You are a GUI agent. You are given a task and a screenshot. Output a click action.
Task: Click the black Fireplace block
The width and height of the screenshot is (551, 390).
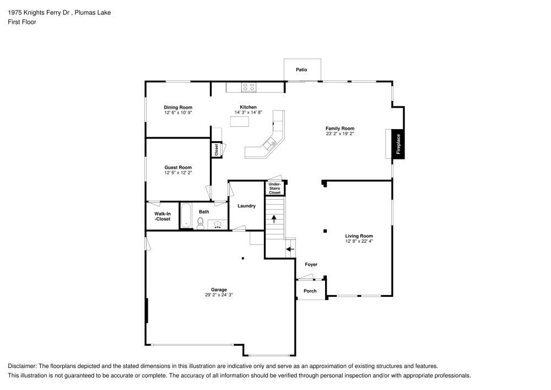pos(398,145)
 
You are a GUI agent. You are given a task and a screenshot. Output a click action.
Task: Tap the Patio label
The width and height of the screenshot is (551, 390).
pos(301,70)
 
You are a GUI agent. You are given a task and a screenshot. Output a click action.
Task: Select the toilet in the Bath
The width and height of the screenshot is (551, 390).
pos(201,223)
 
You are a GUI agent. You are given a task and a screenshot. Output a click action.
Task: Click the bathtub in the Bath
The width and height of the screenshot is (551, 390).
pos(186,215)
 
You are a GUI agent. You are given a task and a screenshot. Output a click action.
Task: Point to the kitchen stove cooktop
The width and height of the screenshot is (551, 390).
pos(248,87)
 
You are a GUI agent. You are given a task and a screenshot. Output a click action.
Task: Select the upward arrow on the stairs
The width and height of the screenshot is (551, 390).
pos(274,218)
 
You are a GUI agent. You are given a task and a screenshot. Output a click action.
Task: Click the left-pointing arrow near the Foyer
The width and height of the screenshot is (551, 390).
pos(290,249)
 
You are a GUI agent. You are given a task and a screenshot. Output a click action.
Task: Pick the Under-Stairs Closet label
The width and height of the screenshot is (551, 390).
pos(274,188)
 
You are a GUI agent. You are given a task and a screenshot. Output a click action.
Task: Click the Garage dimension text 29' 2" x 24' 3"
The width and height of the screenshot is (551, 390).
pos(219,295)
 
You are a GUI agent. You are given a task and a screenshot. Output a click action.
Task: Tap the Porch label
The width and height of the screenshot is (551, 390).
pos(310,291)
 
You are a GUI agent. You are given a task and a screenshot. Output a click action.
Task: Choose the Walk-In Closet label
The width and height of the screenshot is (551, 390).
pos(162,216)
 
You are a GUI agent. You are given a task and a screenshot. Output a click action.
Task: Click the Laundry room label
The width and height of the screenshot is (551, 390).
pos(246,206)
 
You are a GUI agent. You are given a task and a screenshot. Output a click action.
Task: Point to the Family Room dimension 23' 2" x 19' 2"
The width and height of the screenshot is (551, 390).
pos(339,133)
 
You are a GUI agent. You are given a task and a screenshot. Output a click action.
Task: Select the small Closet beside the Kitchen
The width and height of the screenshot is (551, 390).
pos(217,149)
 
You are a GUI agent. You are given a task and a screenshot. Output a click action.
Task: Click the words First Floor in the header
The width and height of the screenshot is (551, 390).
pos(22,22)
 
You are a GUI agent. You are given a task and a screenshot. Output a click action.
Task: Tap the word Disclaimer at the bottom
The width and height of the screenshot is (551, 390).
pos(21,366)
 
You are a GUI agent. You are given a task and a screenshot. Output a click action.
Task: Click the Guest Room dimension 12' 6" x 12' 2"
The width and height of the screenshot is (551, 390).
pos(177,173)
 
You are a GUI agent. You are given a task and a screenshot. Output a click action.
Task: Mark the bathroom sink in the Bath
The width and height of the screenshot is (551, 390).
pos(218,224)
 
